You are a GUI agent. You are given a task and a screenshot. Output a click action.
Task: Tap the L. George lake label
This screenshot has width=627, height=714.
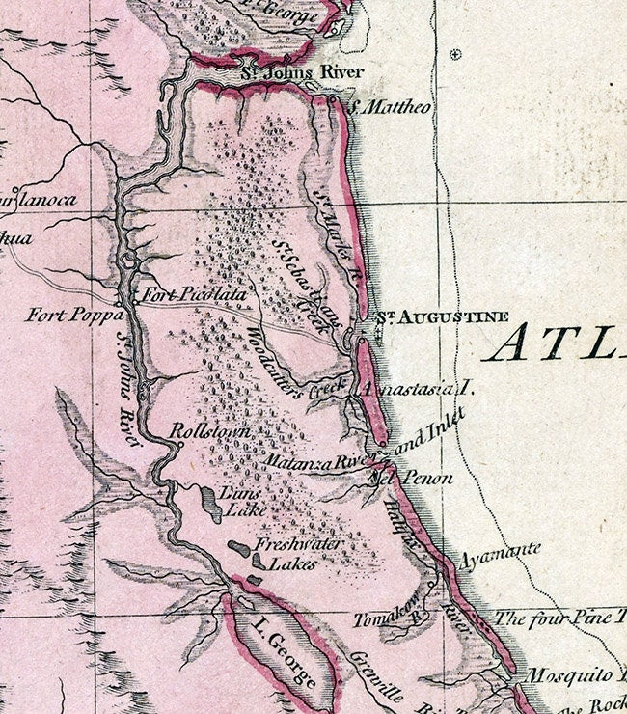click(282, 656)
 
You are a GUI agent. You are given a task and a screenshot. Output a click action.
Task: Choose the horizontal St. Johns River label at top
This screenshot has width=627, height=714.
click(288, 70)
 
